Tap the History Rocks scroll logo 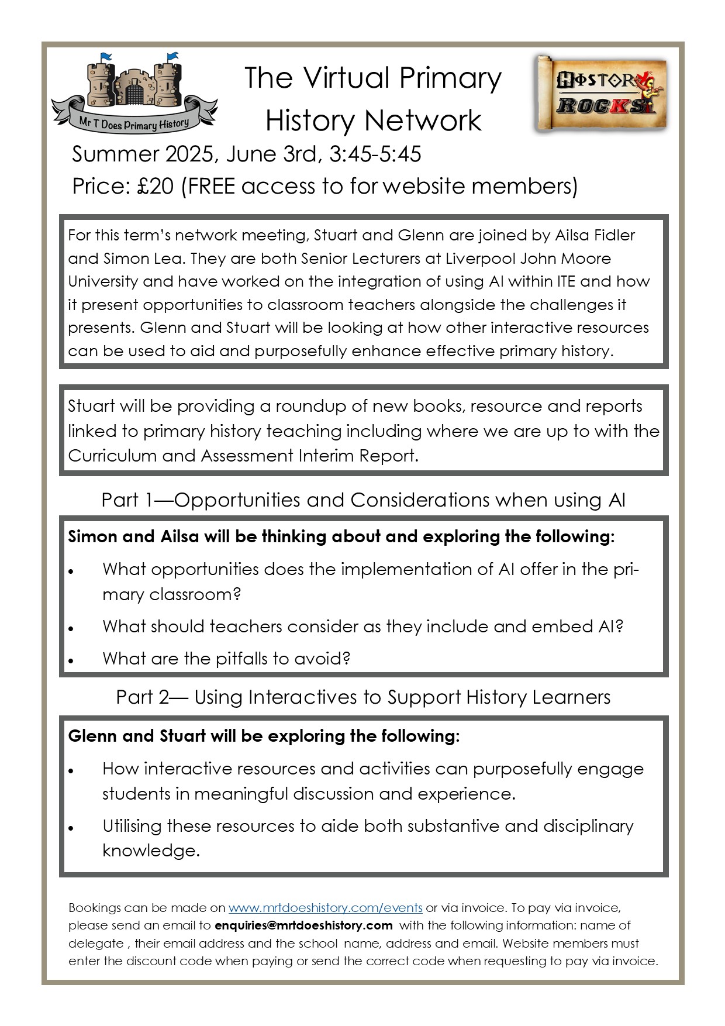pos(600,94)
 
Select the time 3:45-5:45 pos(375,154)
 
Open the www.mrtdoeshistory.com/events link pos(325,908)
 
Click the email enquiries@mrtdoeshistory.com pos(303,925)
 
